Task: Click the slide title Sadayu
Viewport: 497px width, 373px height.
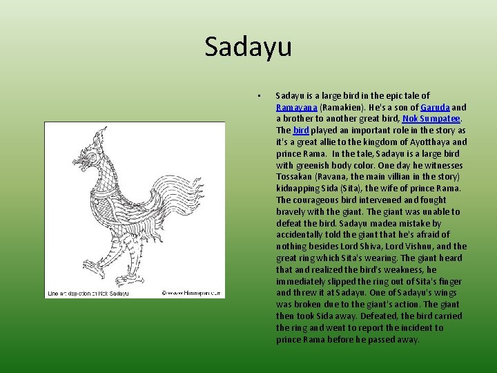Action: click(x=248, y=47)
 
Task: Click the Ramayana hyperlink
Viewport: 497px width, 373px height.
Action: click(x=297, y=107)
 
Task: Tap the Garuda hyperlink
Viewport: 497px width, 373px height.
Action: click(x=435, y=107)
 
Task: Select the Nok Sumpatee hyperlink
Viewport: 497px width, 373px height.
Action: click(x=431, y=119)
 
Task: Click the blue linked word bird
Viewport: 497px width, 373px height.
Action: click(x=301, y=131)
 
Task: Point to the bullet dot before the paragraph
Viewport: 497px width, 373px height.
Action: click(x=256, y=96)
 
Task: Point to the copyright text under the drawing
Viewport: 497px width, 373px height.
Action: click(x=191, y=293)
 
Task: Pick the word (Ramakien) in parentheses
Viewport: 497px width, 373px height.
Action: click(x=342, y=107)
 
